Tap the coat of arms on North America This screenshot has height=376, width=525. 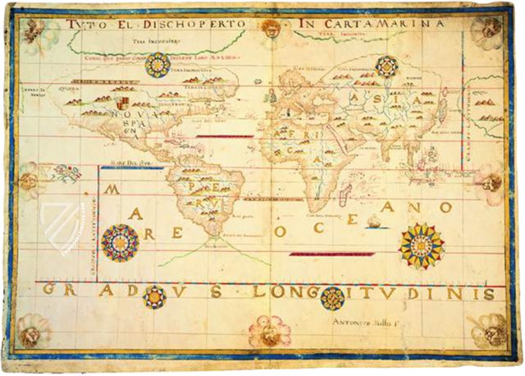[122, 103]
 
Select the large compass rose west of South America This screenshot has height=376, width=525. [121, 242]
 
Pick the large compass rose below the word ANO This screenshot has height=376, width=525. [422, 245]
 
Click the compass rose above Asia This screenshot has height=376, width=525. [386, 66]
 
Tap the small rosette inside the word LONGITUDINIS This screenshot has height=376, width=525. [332, 297]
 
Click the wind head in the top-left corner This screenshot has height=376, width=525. [34, 30]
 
